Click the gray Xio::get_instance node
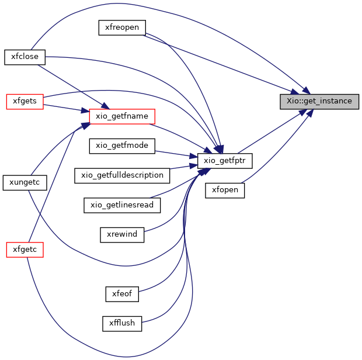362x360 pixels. pyautogui.click(x=319, y=102)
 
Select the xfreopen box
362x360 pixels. pyautogui.click(x=122, y=27)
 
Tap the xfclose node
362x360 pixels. pyautogui.click(x=25, y=57)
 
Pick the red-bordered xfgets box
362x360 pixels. pyautogui.click(x=25, y=102)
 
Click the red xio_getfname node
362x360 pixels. pyautogui.click(x=122, y=116)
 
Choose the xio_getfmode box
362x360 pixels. pyautogui.click(x=122, y=146)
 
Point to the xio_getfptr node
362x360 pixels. pyautogui.click(x=225, y=161)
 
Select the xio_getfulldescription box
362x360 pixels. pyautogui.click(x=122, y=175)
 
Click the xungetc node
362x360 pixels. pyautogui.click(x=25, y=183)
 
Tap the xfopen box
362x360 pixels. pyautogui.click(x=225, y=191)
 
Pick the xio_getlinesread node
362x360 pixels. pyautogui.click(x=122, y=205)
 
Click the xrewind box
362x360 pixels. pyautogui.click(x=122, y=235)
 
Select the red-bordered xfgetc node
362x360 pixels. pyautogui.click(x=25, y=250)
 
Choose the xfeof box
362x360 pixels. pyautogui.click(x=122, y=294)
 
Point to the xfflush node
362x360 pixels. pyautogui.click(x=122, y=324)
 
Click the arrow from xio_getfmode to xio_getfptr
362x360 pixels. pyautogui.click(x=176, y=154)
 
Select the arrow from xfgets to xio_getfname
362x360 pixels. pyautogui.click(x=66, y=108)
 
